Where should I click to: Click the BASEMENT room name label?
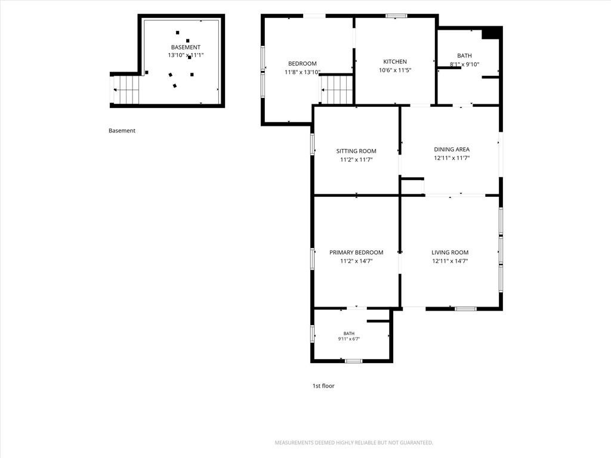point(186,47)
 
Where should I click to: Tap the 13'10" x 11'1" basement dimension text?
point(186,55)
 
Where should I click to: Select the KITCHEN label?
point(395,61)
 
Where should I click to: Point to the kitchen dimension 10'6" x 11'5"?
point(395,70)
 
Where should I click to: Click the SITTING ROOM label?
point(356,151)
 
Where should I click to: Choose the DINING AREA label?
point(452,149)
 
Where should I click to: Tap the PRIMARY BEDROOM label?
point(356,252)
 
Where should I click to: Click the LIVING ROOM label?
point(450,252)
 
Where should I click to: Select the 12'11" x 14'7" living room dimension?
point(450,261)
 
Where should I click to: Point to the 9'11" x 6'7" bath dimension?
point(348,339)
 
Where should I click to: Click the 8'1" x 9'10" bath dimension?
point(464,64)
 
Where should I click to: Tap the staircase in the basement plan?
point(126,90)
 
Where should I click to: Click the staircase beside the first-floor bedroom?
point(337,89)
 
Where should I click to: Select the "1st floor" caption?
point(323,386)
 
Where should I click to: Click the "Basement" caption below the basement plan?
point(122,131)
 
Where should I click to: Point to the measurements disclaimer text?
point(354,442)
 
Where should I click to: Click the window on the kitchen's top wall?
point(396,16)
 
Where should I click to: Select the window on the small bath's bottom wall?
point(353,361)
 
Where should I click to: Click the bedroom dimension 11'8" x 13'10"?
point(303,72)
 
